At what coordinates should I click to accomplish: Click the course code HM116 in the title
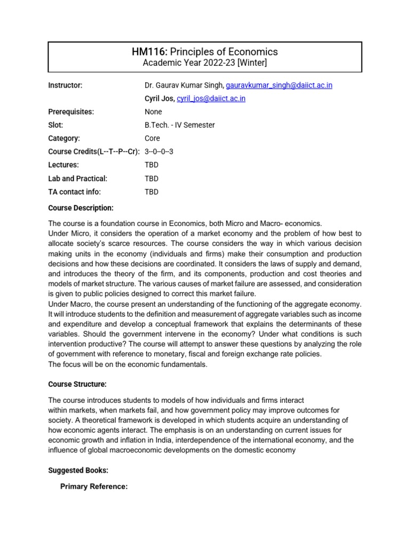point(149,52)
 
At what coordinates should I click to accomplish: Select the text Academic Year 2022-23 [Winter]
point(204,63)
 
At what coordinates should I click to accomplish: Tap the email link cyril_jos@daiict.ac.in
point(211,99)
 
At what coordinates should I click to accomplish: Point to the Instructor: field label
point(65,85)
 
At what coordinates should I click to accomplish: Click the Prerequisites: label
point(71,112)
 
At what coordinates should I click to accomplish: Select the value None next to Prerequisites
point(153,112)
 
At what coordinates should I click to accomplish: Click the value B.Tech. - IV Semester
point(179,125)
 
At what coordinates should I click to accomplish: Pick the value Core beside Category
point(152,138)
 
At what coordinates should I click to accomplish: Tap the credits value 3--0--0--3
point(159,152)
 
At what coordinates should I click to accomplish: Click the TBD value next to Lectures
point(152,165)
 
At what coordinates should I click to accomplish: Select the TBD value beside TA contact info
point(152,192)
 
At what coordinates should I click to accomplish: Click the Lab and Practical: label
point(77,178)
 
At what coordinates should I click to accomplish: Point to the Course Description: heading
point(81,208)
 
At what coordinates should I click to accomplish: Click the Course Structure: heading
point(77,384)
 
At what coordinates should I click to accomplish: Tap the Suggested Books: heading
point(78,471)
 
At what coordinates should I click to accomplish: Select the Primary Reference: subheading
point(94,487)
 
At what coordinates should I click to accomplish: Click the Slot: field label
point(56,125)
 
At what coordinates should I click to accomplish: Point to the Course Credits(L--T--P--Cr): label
point(94,152)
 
